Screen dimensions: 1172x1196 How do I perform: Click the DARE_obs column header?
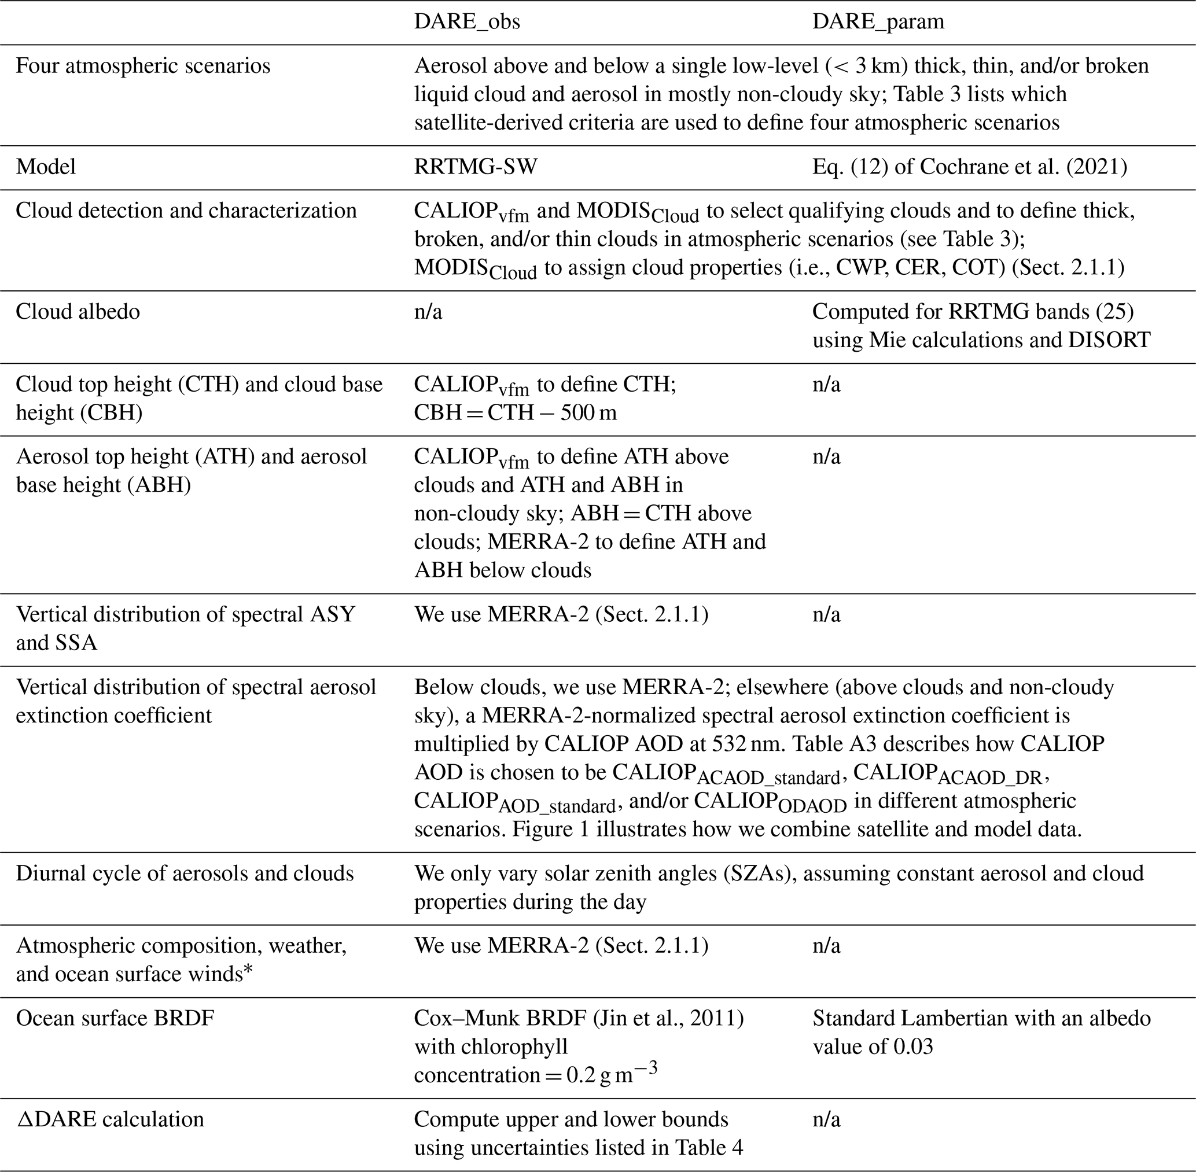(466, 21)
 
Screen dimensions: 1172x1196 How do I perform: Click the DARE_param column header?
(878, 21)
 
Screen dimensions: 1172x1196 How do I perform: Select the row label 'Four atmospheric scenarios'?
(143, 66)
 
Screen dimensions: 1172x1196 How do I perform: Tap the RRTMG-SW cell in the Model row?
(475, 167)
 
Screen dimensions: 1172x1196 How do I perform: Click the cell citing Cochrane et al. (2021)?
(970, 167)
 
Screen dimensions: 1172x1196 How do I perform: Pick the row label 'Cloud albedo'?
(78, 311)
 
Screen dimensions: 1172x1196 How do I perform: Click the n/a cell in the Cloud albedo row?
(428, 311)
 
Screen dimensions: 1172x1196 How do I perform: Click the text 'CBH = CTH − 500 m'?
(515, 412)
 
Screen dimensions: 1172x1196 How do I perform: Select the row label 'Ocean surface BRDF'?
(115, 1018)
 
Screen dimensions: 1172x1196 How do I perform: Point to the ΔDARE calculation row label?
(110, 1119)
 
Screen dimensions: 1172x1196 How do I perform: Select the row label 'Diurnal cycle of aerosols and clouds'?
(185, 874)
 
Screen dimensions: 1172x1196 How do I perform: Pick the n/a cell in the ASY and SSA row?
(826, 614)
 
